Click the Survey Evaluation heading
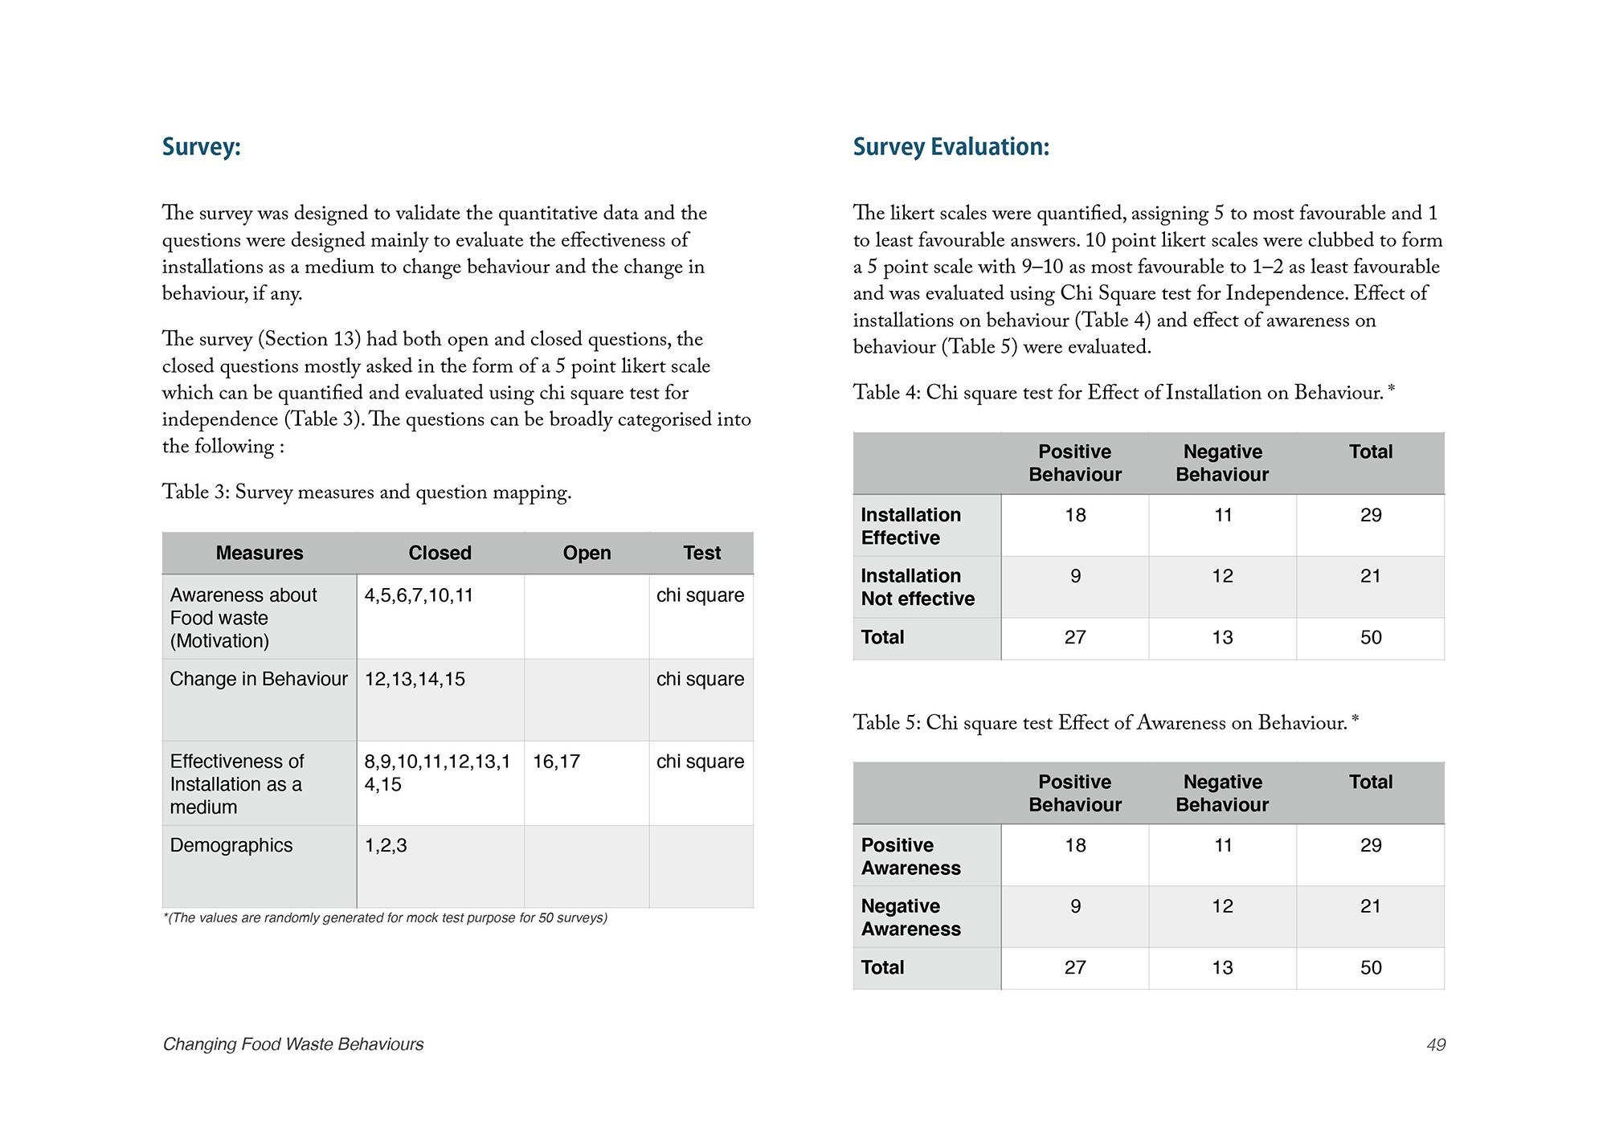click(x=951, y=147)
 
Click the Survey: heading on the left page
click(x=201, y=147)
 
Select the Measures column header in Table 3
click(x=260, y=553)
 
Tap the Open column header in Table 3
click(x=587, y=553)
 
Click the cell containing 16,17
click(x=556, y=762)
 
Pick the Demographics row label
click(x=231, y=845)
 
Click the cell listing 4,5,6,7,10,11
click(x=419, y=595)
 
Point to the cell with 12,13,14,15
click(x=415, y=679)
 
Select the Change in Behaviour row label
click(x=259, y=679)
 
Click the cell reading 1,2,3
click(x=386, y=845)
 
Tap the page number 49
click(x=1435, y=1044)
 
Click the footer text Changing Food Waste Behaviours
click(x=293, y=1044)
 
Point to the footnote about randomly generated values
click(x=385, y=917)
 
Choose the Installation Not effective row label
click(x=918, y=587)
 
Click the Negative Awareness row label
click(x=910, y=917)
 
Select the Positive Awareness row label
click(x=910, y=856)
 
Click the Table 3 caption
click(x=366, y=492)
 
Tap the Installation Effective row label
click(x=910, y=526)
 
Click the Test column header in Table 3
click(x=701, y=553)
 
